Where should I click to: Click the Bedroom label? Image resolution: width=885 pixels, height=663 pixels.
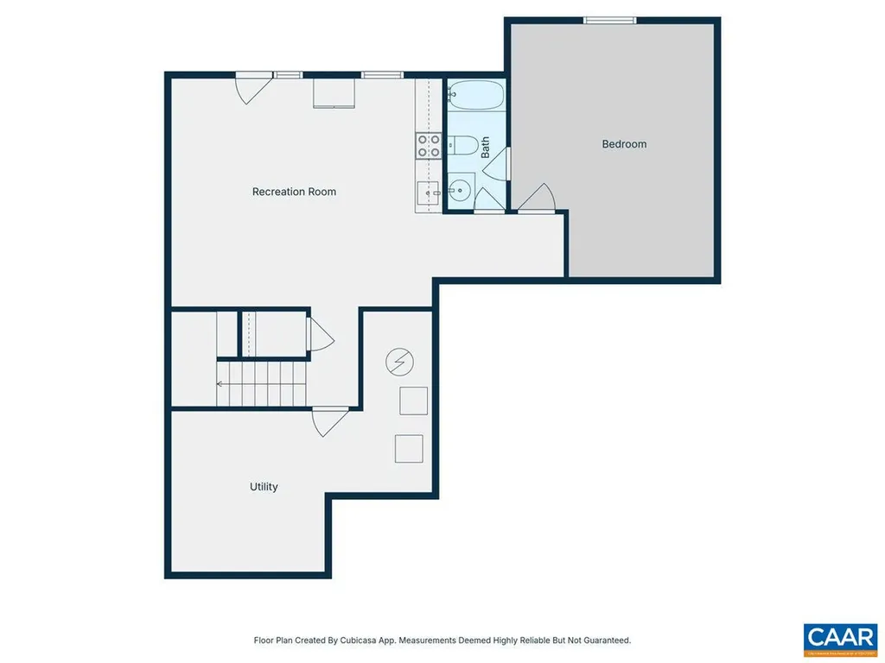point(624,144)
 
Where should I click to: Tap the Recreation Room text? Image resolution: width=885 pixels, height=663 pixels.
point(294,192)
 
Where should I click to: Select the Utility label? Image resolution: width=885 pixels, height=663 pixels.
point(264,487)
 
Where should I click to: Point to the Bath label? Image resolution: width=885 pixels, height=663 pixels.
point(486,147)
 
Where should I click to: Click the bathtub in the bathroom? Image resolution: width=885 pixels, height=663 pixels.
point(475,95)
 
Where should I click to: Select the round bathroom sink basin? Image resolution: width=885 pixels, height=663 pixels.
point(460,187)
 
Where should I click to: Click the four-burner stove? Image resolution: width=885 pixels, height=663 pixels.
point(428,146)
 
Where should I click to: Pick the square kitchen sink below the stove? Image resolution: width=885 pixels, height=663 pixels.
point(428,193)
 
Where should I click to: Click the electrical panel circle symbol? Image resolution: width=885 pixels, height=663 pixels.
point(399,362)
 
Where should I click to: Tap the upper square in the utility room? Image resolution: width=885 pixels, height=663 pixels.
point(413,401)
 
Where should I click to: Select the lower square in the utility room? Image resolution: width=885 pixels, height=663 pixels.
point(409,449)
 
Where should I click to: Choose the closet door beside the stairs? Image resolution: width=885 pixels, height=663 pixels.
point(319,334)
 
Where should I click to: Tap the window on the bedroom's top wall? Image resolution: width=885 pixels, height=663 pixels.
point(610,21)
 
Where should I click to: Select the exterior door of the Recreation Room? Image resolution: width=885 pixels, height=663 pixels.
point(251,88)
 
